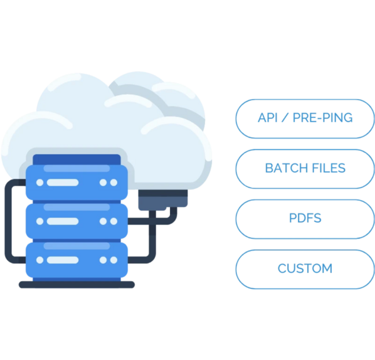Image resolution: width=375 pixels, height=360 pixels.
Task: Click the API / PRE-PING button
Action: (305, 119)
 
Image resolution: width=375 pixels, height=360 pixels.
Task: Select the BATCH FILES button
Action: (305, 169)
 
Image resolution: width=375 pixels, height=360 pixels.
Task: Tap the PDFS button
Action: (305, 219)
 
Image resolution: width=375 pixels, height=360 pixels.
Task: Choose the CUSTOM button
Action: (305, 269)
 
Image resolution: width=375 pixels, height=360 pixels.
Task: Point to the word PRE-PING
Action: (322, 118)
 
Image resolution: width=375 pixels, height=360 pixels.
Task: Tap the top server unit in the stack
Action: (77, 183)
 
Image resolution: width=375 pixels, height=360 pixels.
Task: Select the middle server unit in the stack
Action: (77, 221)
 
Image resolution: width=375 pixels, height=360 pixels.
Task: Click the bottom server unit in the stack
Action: (77, 260)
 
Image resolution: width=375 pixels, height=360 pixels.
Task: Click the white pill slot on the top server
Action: (63, 183)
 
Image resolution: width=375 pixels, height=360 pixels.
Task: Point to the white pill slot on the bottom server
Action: (63, 260)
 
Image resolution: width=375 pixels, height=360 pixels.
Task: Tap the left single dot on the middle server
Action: (40, 221)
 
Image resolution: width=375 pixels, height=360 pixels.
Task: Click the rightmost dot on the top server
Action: (114, 183)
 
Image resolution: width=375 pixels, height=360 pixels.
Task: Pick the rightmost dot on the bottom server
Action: (114, 260)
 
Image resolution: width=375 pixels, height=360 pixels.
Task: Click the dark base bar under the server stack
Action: (77, 285)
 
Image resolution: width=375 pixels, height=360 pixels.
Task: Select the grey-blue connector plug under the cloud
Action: (163, 200)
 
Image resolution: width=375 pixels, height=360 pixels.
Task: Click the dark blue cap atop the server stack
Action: (77, 159)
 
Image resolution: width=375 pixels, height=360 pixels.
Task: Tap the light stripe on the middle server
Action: (77, 207)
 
